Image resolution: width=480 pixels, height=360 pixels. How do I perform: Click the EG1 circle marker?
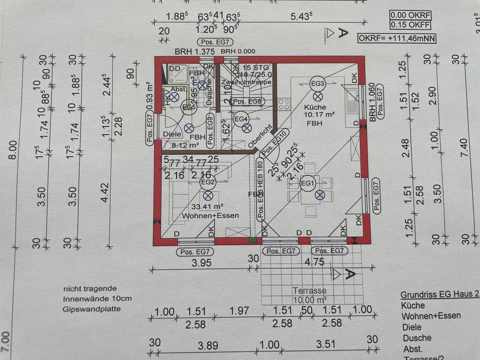tap(308, 183)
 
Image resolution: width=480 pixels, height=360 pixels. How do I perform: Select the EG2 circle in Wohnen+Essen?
tap(207, 182)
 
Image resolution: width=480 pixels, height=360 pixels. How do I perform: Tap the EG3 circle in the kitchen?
tap(317, 83)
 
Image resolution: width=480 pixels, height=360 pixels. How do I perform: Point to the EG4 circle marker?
tap(241, 118)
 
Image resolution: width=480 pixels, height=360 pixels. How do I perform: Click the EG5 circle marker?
tap(188, 106)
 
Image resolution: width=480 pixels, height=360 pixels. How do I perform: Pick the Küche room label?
tap(315, 107)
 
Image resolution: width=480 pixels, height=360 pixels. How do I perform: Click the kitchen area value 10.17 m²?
tap(318, 114)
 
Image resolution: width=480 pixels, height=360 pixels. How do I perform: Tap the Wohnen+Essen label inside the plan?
tap(209, 215)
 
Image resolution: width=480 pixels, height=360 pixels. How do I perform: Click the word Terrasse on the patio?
tap(309, 290)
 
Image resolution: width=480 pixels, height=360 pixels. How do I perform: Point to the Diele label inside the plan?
tap(172, 134)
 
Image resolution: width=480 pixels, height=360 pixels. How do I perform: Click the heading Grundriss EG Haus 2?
tap(439, 295)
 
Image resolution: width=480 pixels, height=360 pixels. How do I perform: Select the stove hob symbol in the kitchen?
tap(284, 104)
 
